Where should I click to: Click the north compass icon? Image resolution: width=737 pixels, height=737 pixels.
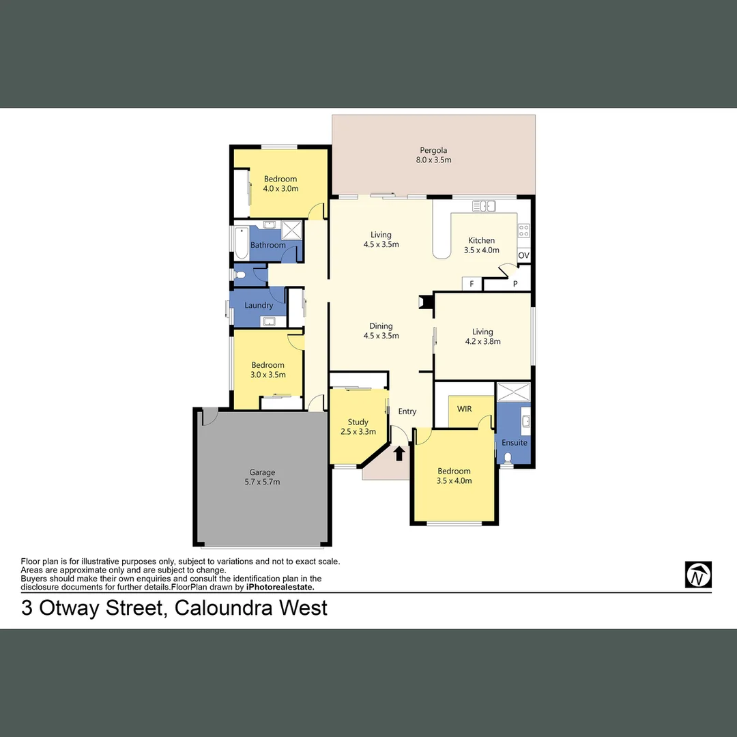coord(698,575)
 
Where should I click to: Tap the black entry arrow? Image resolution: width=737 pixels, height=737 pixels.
coord(399,452)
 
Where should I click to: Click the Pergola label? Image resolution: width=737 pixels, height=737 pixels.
coord(433,150)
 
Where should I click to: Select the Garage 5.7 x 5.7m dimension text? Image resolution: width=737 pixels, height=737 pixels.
coord(262,482)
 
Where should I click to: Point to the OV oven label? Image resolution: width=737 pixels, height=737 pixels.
coord(523,255)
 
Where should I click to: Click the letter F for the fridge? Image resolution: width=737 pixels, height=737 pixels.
coord(471,283)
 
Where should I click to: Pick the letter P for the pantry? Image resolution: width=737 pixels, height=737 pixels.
coord(515,283)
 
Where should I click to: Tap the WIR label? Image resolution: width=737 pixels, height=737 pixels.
coord(464,409)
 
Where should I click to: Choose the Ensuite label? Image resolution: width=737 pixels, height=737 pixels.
coord(515,442)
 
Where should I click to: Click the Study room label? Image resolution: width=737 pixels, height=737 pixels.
coord(358,422)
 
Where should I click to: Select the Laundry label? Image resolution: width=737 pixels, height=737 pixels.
coord(259,305)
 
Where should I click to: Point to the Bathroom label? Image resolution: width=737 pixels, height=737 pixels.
coord(268,245)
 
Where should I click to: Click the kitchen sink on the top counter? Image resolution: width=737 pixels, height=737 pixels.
coord(484,205)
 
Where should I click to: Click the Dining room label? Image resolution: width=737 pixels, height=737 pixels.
coord(381,326)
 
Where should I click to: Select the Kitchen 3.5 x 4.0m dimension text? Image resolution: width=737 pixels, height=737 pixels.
coord(481,250)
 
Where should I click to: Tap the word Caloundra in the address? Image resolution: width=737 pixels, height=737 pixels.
coord(224,607)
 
